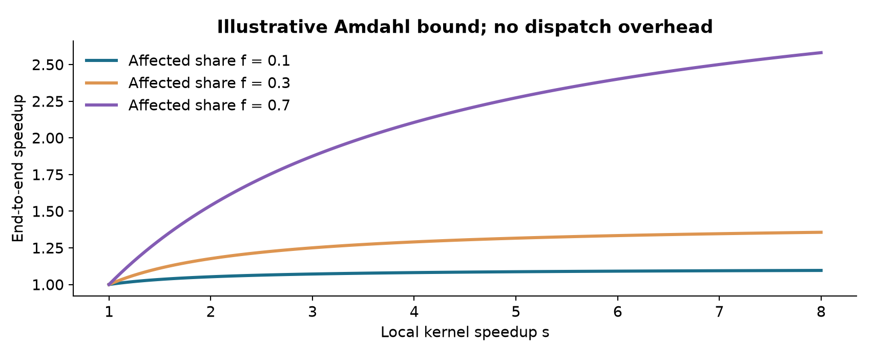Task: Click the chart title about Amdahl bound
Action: pyautogui.click(x=465, y=27)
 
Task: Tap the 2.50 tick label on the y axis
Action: pyautogui.click(x=47, y=65)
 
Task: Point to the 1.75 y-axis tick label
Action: pyautogui.click(x=47, y=175)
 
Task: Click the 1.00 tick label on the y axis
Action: pyautogui.click(x=47, y=285)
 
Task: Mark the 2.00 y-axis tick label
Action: pyautogui.click(x=47, y=138)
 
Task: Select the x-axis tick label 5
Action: pyautogui.click(x=516, y=311)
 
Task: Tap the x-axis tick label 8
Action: pyautogui.click(x=821, y=311)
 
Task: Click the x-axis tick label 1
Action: pyautogui.click(x=109, y=311)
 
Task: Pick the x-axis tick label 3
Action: pyautogui.click(x=312, y=311)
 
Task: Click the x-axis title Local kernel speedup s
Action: pyautogui.click(x=465, y=332)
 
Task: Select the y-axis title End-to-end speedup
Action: pyautogui.click(x=18, y=168)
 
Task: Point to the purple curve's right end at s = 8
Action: pyautogui.click(x=821, y=52)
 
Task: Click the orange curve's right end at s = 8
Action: pyautogui.click(x=821, y=232)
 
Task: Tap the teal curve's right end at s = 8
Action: pyautogui.click(x=821, y=270)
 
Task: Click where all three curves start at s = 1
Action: pyautogui.click(x=109, y=285)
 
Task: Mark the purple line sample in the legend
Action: pyautogui.click(x=101, y=105)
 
